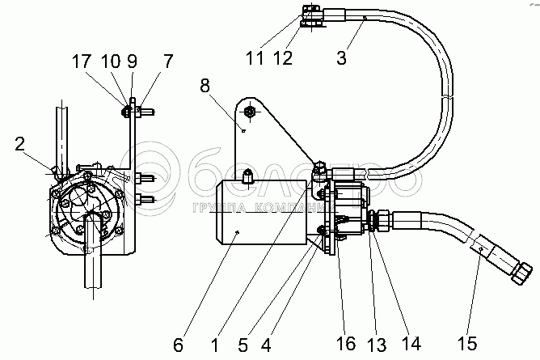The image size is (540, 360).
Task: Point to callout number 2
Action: point(18,146)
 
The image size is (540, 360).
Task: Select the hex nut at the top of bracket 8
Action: point(251,112)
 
